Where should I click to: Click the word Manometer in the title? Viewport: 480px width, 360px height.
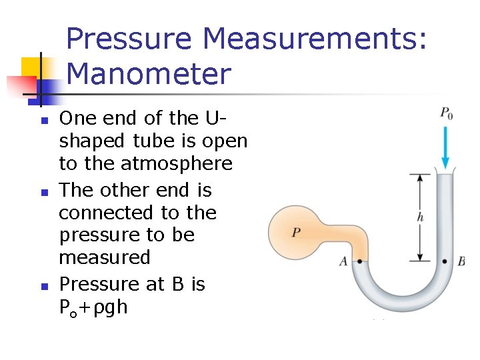pyautogui.click(x=149, y=73)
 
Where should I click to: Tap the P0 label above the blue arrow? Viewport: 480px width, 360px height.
pyautogui.click(x=446, y=113)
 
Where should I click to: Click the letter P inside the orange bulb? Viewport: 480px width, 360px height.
pyautogui.click(x=296, y=233)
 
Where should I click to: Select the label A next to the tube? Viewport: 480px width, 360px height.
pyautogui.click(x=343, y=262)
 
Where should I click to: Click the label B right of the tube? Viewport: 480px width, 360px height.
pyautogui.click(x=461, y=262)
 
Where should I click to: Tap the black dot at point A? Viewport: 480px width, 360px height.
pyautogui.click(x=359, y=261)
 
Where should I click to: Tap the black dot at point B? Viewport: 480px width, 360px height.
pyautogui.click(x=445, y=261)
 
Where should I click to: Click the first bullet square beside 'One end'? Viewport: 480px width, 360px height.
pyautogui.click(x=43, y=121)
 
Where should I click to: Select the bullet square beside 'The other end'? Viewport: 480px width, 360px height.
pyautogui.click(x=43, y=193)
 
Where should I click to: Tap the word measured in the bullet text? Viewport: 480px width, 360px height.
pyautogui.click(x=104, y=258)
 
